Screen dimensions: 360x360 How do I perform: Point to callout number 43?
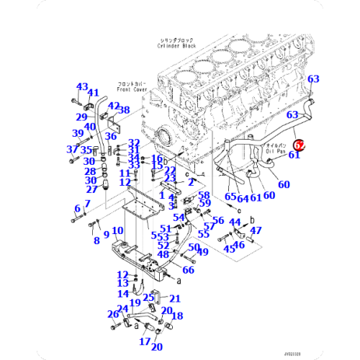click(x=81, y=86)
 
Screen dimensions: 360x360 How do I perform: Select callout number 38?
click(x=124, y=110)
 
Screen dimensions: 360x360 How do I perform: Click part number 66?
click(x=188, y=270)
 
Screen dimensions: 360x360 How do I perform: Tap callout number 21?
click(x=175, y=298)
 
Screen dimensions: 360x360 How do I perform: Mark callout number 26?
click(x=113, y=314)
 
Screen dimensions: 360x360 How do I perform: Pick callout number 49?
click(x=203, y=251)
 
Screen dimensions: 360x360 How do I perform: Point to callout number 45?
click(x=229, y=249)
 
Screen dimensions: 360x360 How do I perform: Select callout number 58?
click(x=204, y=195)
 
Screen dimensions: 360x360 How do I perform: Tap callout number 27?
click(x=91, y=189)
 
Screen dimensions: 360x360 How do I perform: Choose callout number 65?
click(x=230, y=196)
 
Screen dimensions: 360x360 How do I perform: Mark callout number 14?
click(x=124, y=293)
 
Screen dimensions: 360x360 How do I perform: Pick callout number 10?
click(x=118, y=230)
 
